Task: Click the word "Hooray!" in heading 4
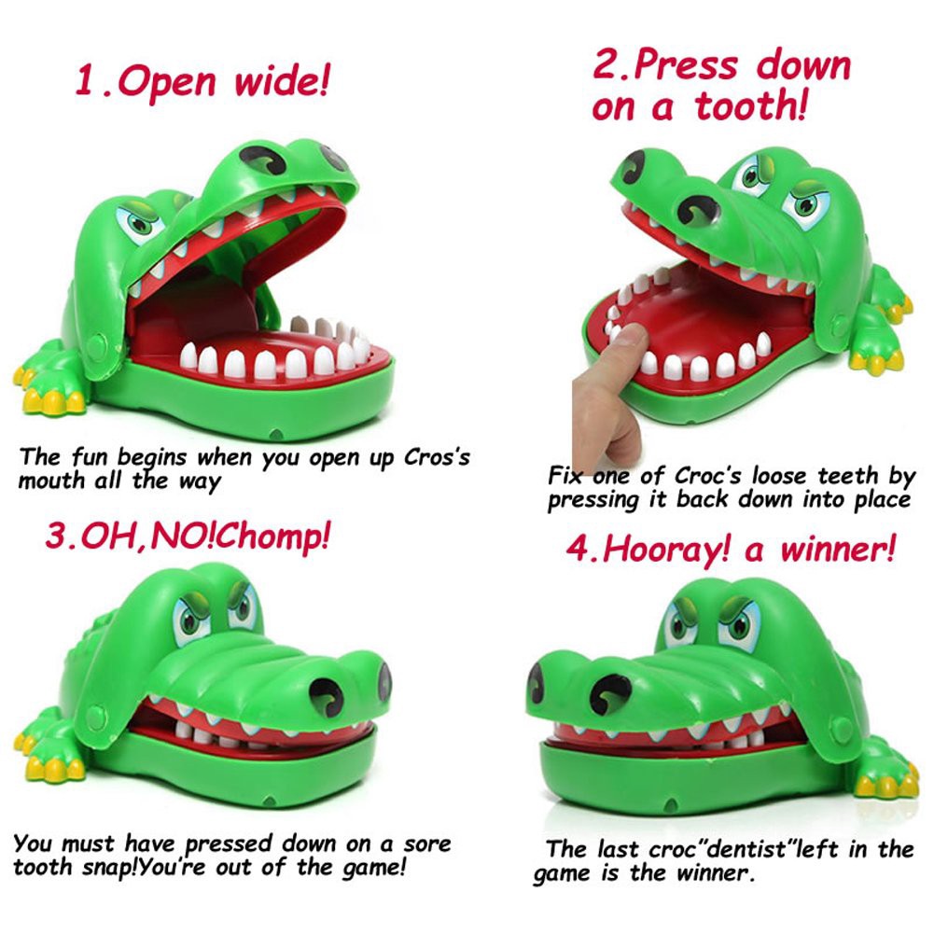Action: [x=663, y=549]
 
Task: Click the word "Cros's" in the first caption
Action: [x=437, y=459]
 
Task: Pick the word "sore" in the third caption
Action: [x=425, y=844]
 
